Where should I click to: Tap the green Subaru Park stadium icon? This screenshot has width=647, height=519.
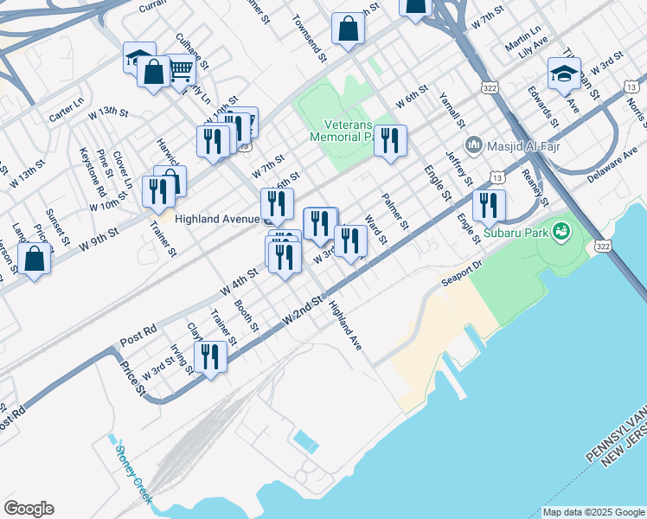point(561,231)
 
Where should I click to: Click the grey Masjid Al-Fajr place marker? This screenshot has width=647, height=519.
point(472,144)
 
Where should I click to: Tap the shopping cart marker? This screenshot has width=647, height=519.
point(180,69)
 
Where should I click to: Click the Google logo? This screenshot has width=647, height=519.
point(29,509)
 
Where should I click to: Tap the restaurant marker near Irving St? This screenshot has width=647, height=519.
point(210,356)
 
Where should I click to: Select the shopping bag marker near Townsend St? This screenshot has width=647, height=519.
point(348,29)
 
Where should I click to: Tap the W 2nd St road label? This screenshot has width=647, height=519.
point(302,311)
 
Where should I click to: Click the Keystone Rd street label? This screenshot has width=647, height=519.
point(93,171)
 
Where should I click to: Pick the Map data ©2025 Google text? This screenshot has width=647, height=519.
point(593,512)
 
